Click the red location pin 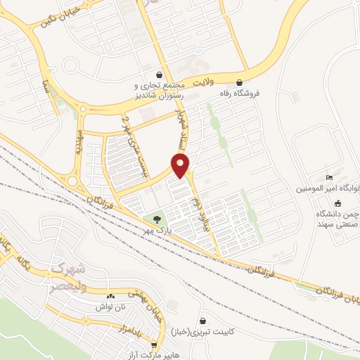click(181, 166)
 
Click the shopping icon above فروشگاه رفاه click(241, 82)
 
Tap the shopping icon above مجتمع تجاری click(160, 75)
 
